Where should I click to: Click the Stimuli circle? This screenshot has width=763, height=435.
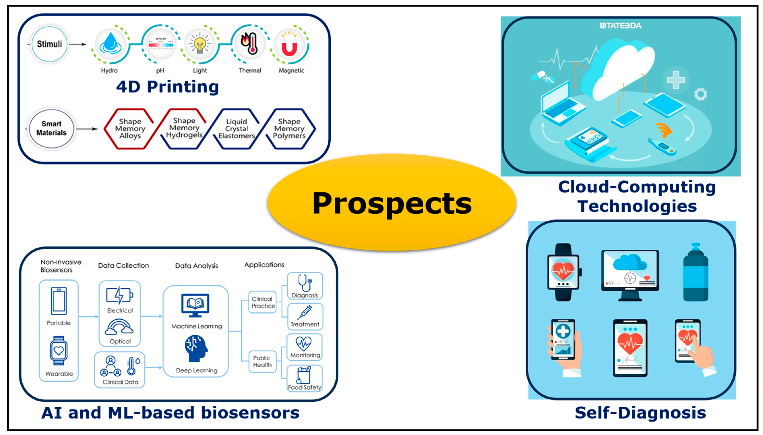49,44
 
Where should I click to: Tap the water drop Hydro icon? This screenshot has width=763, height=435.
110,44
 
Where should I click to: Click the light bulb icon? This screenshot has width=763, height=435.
200,44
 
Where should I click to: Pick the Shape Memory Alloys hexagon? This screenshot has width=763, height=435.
130,129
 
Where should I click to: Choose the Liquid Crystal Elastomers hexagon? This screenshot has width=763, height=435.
236,129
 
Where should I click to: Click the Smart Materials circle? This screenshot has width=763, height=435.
51,128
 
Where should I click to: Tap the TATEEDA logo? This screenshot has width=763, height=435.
620,26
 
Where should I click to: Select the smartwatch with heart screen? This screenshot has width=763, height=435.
563,272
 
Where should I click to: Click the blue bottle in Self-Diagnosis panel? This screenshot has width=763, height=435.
696,273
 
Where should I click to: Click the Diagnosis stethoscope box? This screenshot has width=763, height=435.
305,286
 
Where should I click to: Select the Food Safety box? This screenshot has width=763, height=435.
304,378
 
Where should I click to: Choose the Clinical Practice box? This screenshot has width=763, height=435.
263,302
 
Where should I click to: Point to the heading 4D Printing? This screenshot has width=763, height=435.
167,87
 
